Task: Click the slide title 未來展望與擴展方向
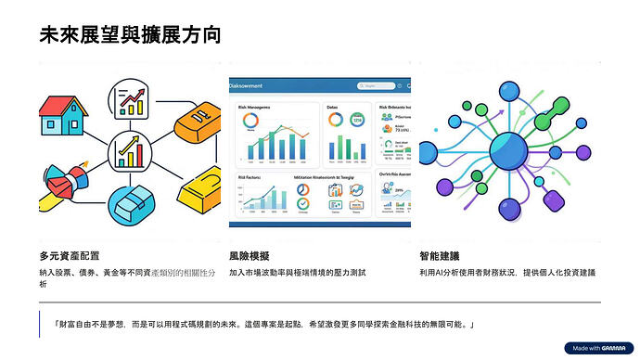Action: click(131, 36)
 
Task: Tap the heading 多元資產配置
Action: click(70, 254)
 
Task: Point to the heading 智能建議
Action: click(439, 254)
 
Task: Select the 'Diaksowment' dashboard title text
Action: click(250, 85)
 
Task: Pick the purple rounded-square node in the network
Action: click(557, 199)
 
